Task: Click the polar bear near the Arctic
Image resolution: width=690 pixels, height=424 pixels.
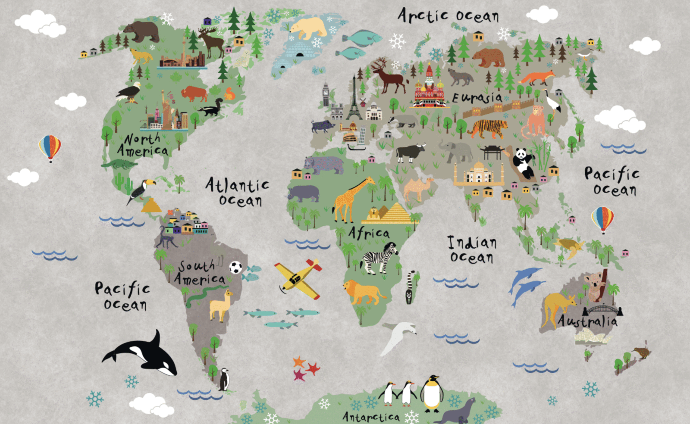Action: pos(308,28)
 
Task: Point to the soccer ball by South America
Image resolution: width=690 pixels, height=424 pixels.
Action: pos(235,268)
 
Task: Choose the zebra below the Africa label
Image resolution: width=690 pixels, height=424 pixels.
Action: pos(380,259)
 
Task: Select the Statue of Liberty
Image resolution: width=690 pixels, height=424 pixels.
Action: pos(166,110)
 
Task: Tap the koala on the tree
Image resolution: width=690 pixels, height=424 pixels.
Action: pos(595,285)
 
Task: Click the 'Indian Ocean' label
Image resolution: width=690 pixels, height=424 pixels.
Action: pos(472,249)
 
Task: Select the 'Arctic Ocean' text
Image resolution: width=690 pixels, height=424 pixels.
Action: pos(448,16)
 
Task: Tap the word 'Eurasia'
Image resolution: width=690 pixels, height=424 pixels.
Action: pos(477,97)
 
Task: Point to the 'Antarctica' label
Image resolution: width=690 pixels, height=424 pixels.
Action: pos(371,417)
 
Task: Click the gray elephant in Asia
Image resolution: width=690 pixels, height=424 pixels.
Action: pos(457,151)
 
